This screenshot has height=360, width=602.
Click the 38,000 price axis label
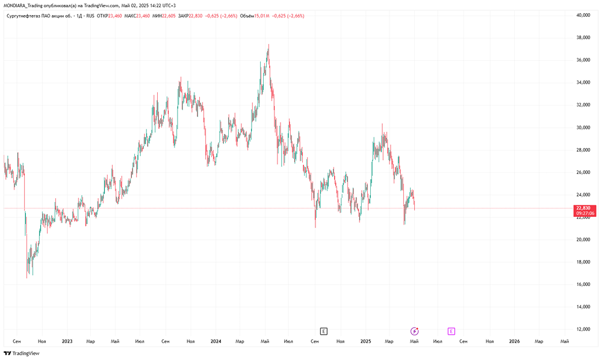pos(583,37)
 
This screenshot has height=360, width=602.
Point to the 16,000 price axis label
pos(583,284)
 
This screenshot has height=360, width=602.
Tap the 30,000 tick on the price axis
pos(583,128)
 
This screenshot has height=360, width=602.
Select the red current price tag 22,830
pos(585,211)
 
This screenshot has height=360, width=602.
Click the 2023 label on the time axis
pos(67,341)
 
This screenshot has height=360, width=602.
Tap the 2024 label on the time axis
pos(216,341)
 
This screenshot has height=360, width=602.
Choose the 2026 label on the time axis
pos(514,341)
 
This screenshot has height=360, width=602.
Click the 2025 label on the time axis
pos(365,341)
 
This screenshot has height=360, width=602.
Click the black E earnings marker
pos(324,331)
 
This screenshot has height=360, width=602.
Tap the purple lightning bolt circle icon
pos(414,331)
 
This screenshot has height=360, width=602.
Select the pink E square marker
pos(451,331)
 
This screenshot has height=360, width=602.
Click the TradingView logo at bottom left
pos(22,353)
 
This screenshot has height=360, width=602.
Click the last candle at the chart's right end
pos(414,203)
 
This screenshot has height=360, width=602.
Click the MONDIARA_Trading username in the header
pos(23,6)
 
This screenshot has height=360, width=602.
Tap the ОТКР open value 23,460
pos(115,16)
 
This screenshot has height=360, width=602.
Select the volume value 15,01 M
pos(261,16)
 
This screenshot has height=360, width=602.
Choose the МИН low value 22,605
pos(169,16)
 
